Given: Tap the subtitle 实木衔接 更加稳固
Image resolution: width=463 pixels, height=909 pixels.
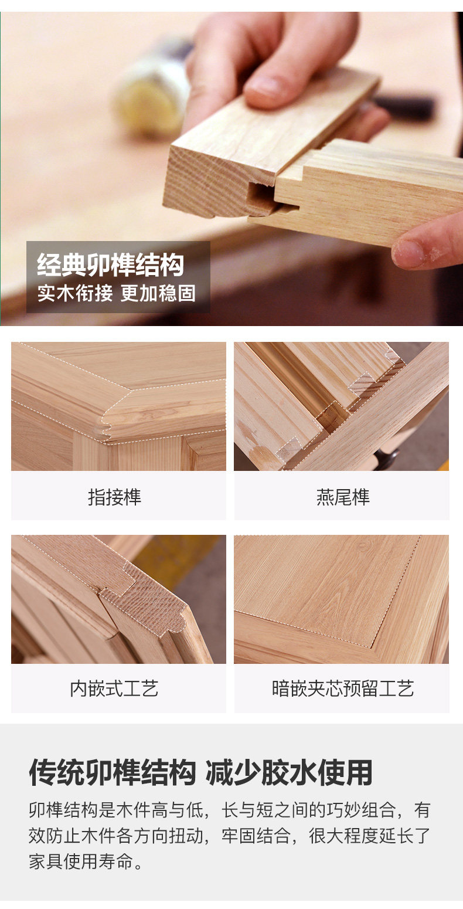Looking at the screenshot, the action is coord(117,293).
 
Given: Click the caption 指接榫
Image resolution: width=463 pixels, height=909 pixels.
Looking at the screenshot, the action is coord(115,497).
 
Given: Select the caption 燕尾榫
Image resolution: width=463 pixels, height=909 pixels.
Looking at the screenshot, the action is coord(343,497).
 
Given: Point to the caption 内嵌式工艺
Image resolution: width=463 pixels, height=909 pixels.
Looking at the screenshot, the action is coord(114,688).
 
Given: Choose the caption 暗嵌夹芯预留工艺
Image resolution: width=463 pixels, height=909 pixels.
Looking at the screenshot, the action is coord(343,688).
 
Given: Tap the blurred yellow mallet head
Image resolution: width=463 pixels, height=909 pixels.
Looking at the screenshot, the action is coord(151,96).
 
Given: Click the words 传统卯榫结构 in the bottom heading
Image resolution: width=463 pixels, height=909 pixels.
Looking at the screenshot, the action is coord(113,771).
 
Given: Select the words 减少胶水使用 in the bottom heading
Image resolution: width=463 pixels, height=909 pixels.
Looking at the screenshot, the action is coord(289,771).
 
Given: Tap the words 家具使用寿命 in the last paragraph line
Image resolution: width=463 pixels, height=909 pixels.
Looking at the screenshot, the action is coord(81,861).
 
